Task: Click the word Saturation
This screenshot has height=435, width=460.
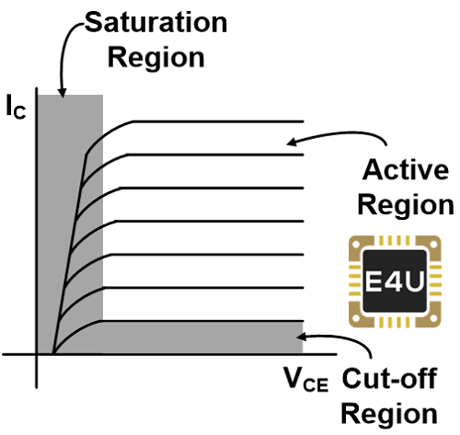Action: pyautogui.click(x=155, y=22)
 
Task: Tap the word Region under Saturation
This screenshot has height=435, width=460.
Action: pyautogui.click(x=156, y=58)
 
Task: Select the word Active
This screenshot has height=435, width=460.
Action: pyautogui.click(x=406, y=169)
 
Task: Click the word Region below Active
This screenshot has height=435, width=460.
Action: pyautogui.click(x=406, y=205)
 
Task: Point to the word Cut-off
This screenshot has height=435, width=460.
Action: pyautogui.click(x=389, y=378)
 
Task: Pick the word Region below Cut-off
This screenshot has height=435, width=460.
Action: pyautogui.click(x=389, y=414)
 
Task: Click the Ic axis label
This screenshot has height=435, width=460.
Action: pyautogui.click(x=16, y=107)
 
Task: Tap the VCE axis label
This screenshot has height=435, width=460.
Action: pyautogui.click(x=306, y=380)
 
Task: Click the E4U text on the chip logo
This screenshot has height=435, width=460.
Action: pyautogui.click(x=395, y=280)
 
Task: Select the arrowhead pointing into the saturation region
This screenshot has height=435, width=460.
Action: pyautogui.click(x=63, y=93)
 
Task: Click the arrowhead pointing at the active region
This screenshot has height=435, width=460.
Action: pyautogui.click(x=292, y=142)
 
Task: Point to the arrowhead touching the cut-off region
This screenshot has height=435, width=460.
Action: pyautogui.click(x=302, y=337)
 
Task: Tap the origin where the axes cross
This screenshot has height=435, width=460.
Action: pyautogui.click(x=37, y=354)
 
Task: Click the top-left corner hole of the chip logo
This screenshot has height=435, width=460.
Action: pyautogui.click(x=356, y=245)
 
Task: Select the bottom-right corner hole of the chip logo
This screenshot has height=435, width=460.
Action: pyautogui.click(x=434, y=319)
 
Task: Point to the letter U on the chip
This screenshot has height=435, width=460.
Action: pyautogui.click(x=415, y=280)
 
